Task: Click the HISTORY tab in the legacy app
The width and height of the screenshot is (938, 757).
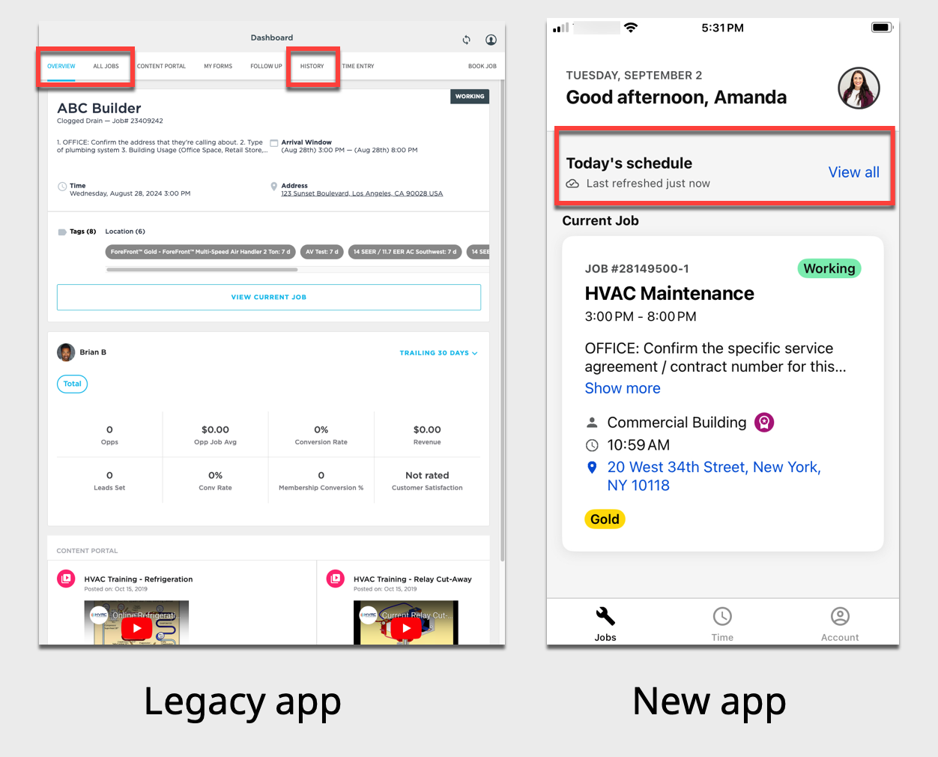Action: click(312, 67)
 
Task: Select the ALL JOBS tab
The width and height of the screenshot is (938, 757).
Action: click(106, 67)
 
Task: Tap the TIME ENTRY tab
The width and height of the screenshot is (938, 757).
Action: click(358, 67)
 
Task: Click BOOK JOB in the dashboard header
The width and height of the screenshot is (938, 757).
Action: click(482, 67)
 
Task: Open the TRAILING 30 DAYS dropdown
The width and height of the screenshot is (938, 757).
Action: click(438, 353)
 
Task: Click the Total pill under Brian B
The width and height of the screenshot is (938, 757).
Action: click(73, 384)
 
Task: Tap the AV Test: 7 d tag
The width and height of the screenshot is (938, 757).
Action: click(322, 252)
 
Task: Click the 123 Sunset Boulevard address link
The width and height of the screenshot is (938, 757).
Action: click(362, 193)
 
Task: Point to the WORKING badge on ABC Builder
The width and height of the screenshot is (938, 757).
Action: click(470, 97)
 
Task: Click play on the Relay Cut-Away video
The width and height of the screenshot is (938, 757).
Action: click(406, 628)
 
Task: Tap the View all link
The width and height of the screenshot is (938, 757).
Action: click(853, 172)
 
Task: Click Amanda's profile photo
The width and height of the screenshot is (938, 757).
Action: click(859, 88)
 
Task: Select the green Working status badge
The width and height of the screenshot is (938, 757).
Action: click(829, 268)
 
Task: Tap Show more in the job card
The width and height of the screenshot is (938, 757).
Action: click(623, 388)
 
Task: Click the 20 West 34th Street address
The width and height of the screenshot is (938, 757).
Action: click(713, 476)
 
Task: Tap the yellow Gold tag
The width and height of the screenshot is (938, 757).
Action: click(605, 519)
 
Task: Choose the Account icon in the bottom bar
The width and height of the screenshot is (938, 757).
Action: click(840, 617)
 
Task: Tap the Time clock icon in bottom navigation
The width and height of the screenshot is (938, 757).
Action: click(722, 617)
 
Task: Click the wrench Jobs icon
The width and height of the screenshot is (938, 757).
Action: click(605, 617)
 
